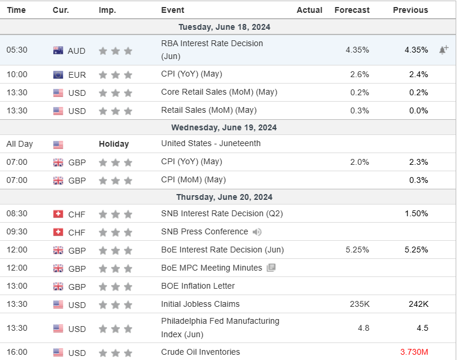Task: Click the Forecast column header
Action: pos(352,10)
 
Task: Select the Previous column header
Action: pos(410,10)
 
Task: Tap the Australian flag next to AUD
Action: pos(58,51)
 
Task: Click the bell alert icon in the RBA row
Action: pos(443,50)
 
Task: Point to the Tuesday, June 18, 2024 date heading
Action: pos(224,27)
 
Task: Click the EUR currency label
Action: pos(77,75)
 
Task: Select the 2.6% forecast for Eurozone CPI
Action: pos(359,74)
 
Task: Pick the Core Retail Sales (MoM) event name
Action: pos(219,92)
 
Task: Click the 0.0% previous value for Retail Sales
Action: pos(418,110)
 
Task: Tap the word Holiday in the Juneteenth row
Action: pos(113,144)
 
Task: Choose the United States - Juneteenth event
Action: pos(211,144)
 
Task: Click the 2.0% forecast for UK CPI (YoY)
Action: pos(359,162)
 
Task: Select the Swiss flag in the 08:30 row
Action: pos(58,214)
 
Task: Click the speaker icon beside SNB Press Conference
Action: pos(257,232)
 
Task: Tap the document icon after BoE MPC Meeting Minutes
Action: pos(271,268)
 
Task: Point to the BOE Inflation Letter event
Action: pos(198,286)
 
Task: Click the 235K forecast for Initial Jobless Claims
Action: pos(359,304)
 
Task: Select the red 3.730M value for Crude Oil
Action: pos(414,352)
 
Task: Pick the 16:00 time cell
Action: pos(17,352)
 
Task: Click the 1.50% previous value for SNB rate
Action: pos(415,214)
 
